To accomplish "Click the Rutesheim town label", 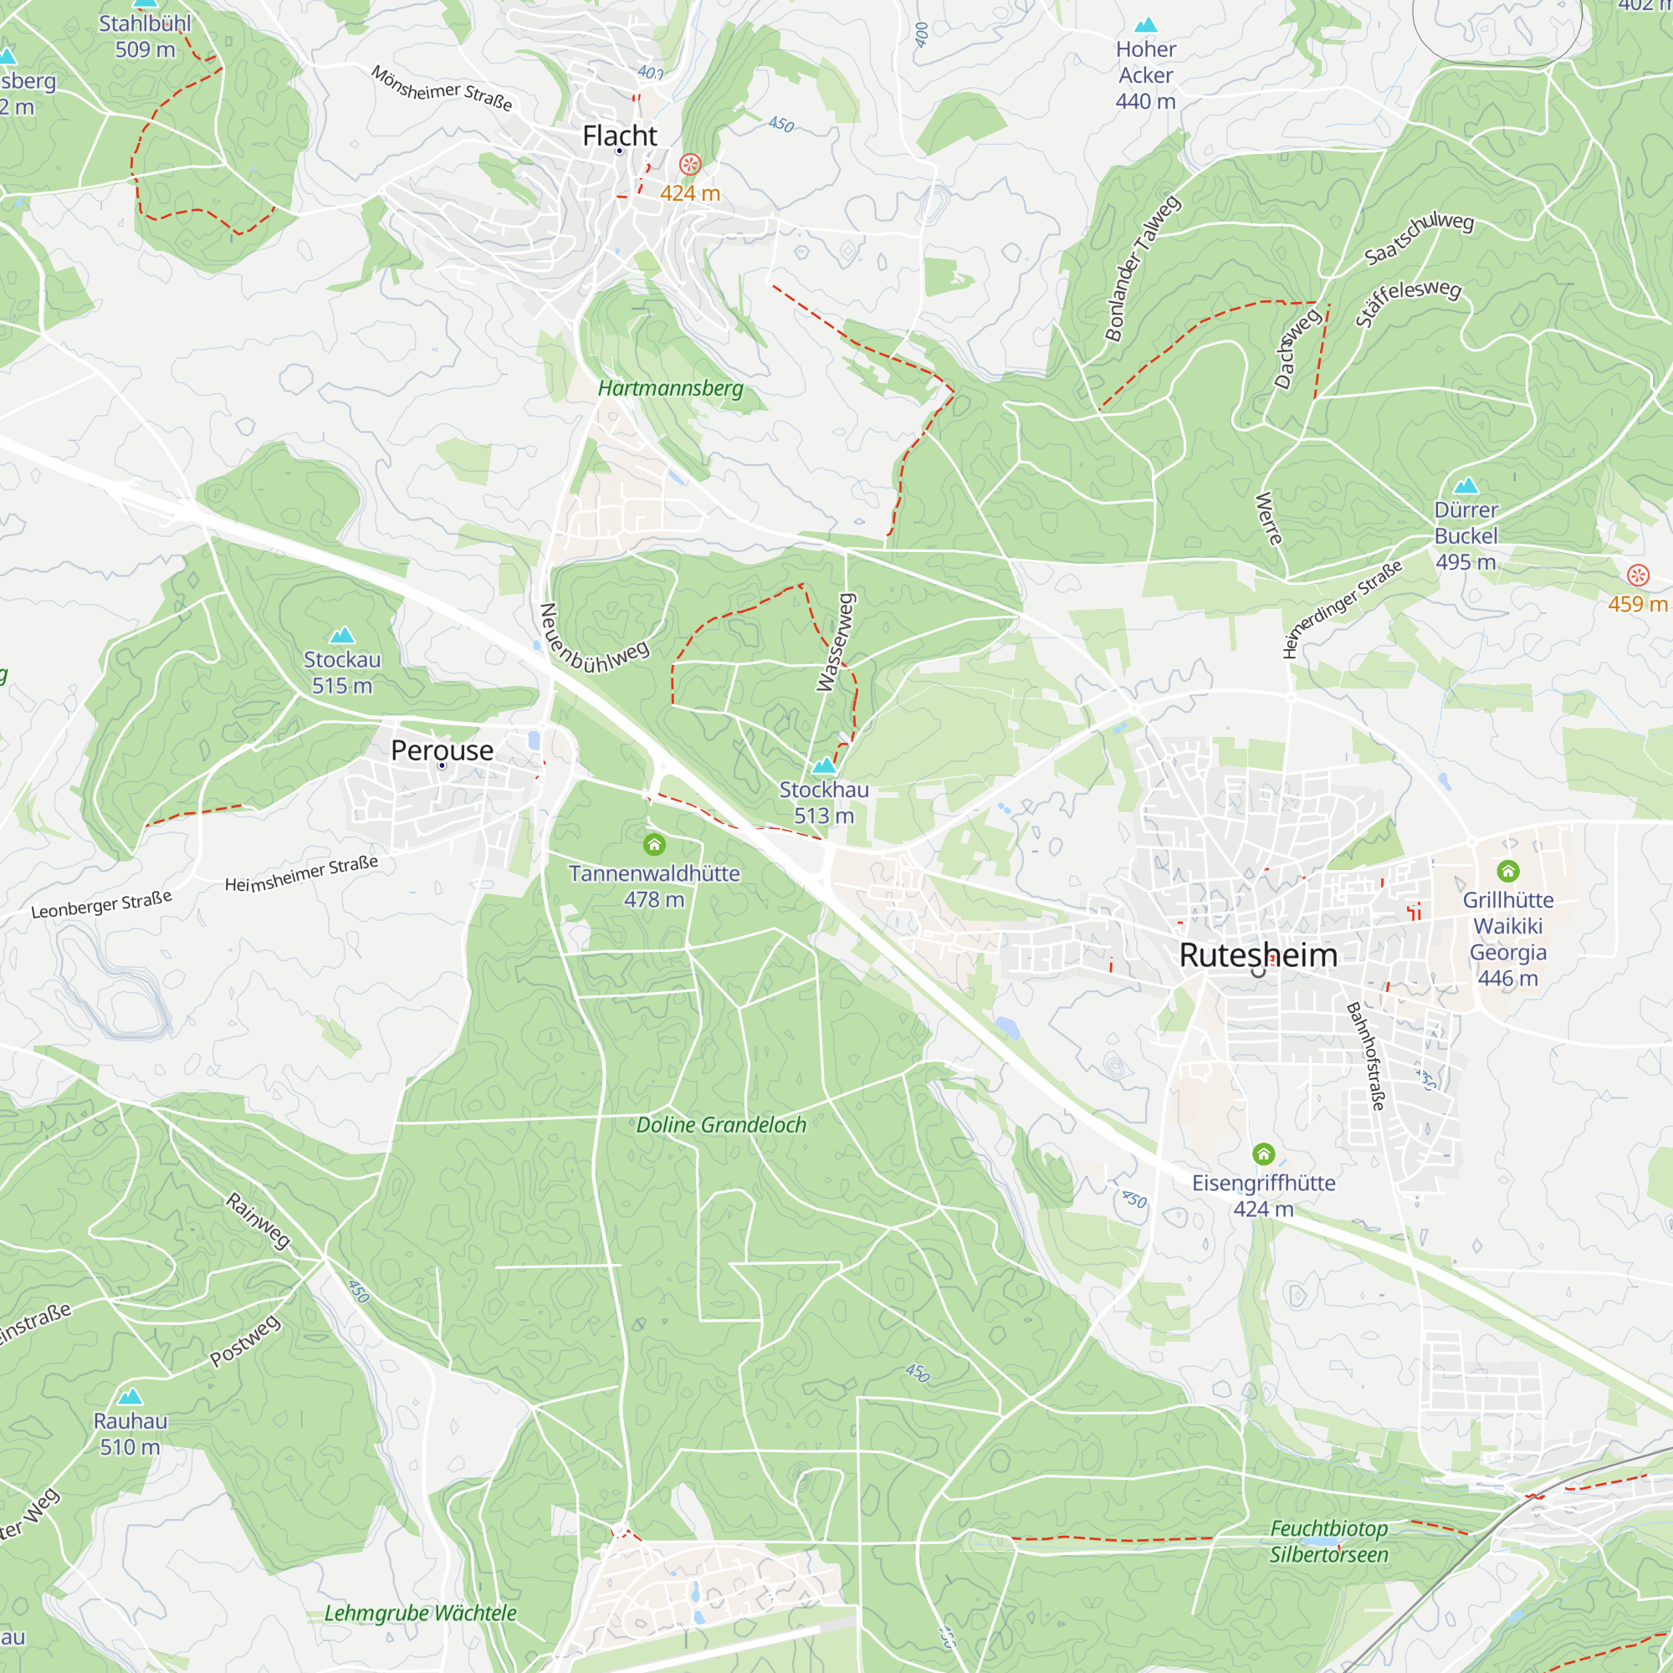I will (1258, 955).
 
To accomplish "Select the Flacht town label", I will (619, 136).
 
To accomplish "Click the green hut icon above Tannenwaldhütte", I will (654, 843).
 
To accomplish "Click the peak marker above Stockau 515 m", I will (342, 635).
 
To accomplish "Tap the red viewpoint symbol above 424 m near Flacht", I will (690, 164).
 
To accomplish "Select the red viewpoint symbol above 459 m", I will (1638, 575).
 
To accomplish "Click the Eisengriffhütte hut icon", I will (1263, 1154).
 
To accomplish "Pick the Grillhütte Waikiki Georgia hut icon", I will (1507, 870).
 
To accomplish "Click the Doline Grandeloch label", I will (721, 1125).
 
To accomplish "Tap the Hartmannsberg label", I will (670, 388).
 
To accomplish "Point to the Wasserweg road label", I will (836, 642).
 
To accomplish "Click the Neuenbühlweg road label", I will (593, 641).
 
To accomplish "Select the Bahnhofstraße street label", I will (1366, 1056).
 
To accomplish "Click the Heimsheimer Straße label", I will (301, 874).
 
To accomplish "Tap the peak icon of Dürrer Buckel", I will (1466, 485).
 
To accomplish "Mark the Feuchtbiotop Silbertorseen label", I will (1328, 1542).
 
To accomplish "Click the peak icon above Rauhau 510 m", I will (130, 1396).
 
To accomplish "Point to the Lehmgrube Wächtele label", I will (420, 1614).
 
